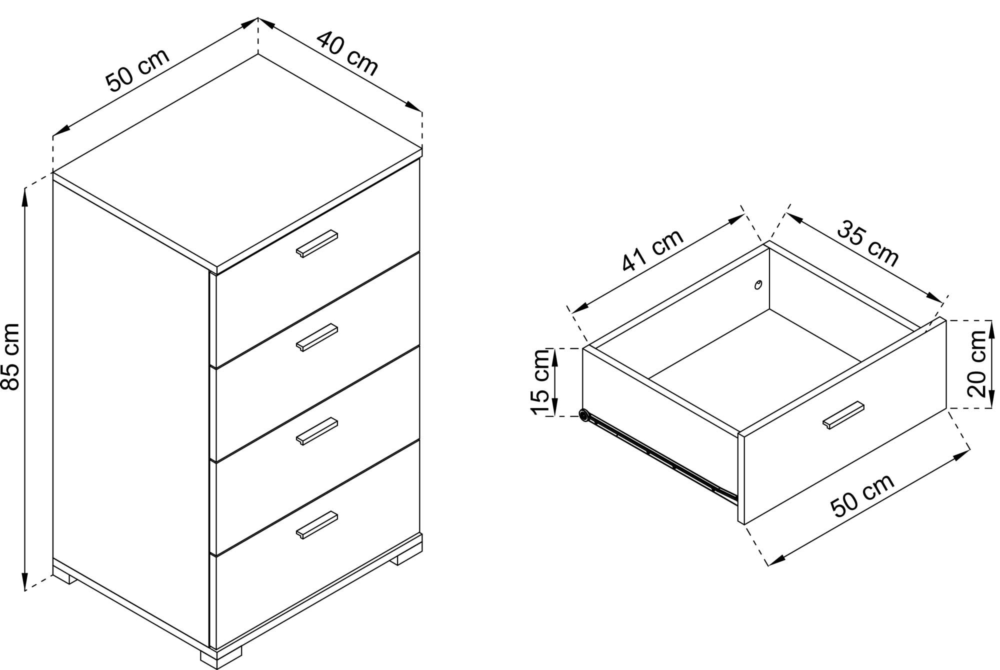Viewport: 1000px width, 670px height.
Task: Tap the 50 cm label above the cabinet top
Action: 138,70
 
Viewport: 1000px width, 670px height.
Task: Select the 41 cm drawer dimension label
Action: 653,250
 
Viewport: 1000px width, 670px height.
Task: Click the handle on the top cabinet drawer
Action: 316,244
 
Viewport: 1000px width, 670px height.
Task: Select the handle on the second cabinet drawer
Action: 316,337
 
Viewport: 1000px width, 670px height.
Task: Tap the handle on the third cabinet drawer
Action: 316,431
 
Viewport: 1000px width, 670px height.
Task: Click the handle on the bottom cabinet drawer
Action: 316,525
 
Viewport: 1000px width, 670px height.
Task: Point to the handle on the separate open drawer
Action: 843,415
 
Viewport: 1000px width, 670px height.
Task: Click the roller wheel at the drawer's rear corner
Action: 583,414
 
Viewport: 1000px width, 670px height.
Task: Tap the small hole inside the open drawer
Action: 758,285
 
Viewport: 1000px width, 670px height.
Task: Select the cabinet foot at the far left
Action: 64,577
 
